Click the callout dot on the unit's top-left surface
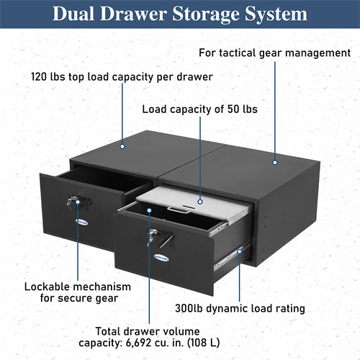(123, 145)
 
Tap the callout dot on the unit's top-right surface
(275, 162)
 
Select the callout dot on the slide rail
(240, 252)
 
